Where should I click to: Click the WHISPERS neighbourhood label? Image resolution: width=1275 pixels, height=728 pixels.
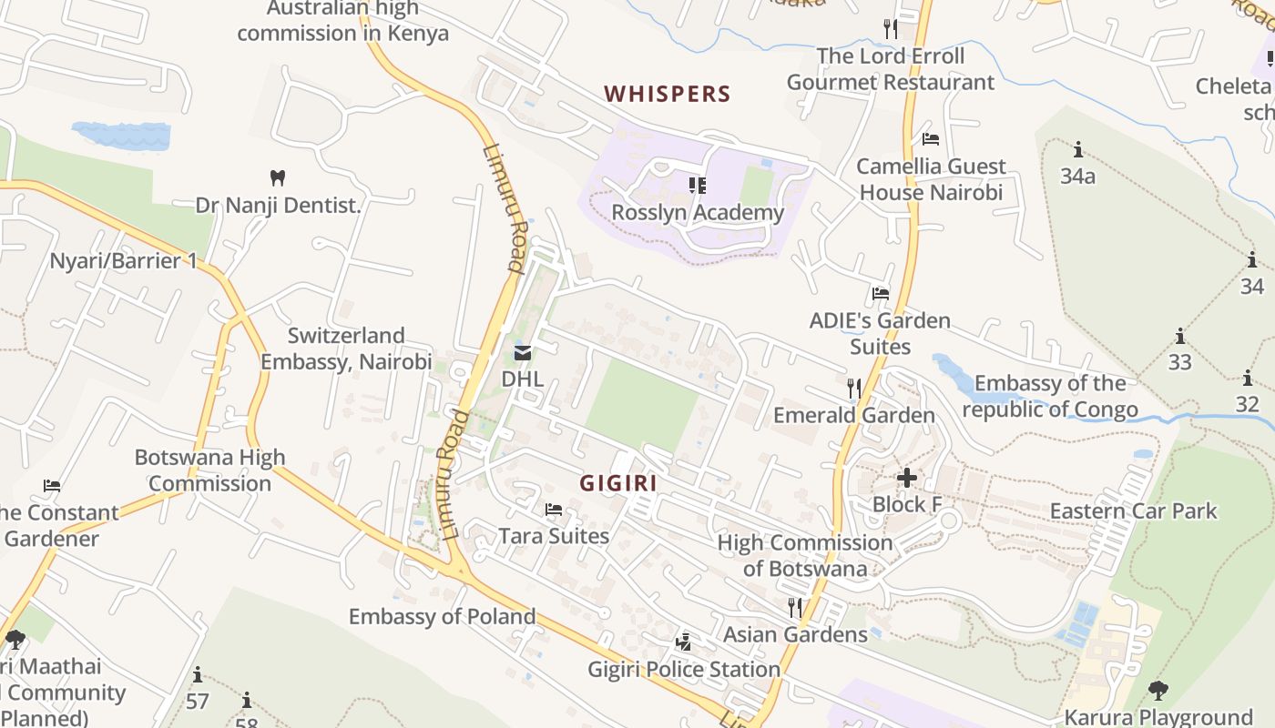pyautogui.click(x=668, y=94)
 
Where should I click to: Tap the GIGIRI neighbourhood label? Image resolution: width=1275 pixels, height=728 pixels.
pyautogui.click(x=618, y=483)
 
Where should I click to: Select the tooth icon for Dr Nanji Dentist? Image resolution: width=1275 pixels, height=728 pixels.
pyautogui.click(x=279, y=177)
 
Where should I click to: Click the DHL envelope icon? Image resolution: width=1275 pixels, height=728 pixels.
pyautogui.click(x=523, y=353)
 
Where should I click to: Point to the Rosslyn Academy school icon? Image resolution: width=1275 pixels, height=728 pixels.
pyautogui.click(x=698, y=186)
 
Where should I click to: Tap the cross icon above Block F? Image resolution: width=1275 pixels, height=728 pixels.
pyautogui.click(x=907, y=478)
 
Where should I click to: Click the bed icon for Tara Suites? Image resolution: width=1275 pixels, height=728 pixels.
pyautogui.click(x=553, y=510)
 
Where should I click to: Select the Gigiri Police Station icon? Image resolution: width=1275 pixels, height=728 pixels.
pyautogui.click(x=683, y=643)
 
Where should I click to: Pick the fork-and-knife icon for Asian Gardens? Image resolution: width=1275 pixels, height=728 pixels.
pyautogui.click(x=795, y=607)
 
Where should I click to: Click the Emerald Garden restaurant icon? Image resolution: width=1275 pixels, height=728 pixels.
pyautogui.click(x=853, y=389)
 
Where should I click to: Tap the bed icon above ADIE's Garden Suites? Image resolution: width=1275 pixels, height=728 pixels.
pyautogui.click(x=881, y=294)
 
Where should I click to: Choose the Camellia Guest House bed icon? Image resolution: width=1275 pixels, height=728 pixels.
pyautogui.click(x=931, y=139)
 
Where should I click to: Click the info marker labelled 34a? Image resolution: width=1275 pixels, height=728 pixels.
pyautogui.click(x=1078, y=149)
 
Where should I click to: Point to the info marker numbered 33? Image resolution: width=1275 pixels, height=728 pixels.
pyautogui.click(x=1180, y=336)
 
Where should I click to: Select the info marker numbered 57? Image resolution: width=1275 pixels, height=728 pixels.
pyautogui.click(x=198, y=675)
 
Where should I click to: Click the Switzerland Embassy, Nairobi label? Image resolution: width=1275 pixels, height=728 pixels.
pyautogui.click(x=346, y=349)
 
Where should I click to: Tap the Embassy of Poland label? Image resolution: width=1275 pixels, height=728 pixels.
pyautogui.click(x=443, y=616)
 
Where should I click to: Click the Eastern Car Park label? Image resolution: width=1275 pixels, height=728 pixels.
pyautogui.click(x=1133, y=511)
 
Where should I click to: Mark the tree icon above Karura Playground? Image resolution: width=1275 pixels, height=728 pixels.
pyautogui.click(x=1158, y=691)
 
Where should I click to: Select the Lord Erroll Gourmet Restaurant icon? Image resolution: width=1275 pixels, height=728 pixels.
pyautogui.click(x=891, y=29)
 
